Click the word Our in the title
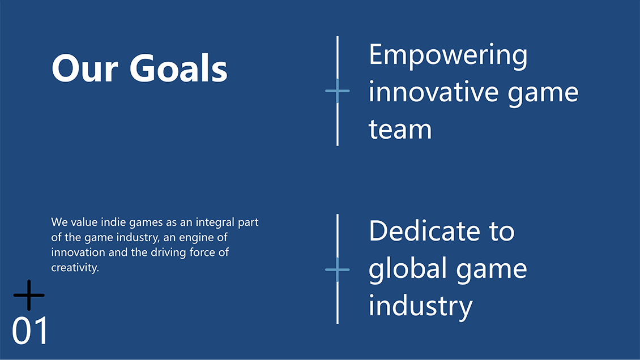pos(85,68)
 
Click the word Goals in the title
pos(178,68)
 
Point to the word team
pos(400,129)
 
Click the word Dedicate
pos(424,231)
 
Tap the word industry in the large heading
pos(420,306)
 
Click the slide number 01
pos(30,331)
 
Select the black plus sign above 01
pos(29,295)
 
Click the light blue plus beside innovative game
pos(337,91)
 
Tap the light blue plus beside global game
pos(337,269)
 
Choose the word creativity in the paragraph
pos(75,268)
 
